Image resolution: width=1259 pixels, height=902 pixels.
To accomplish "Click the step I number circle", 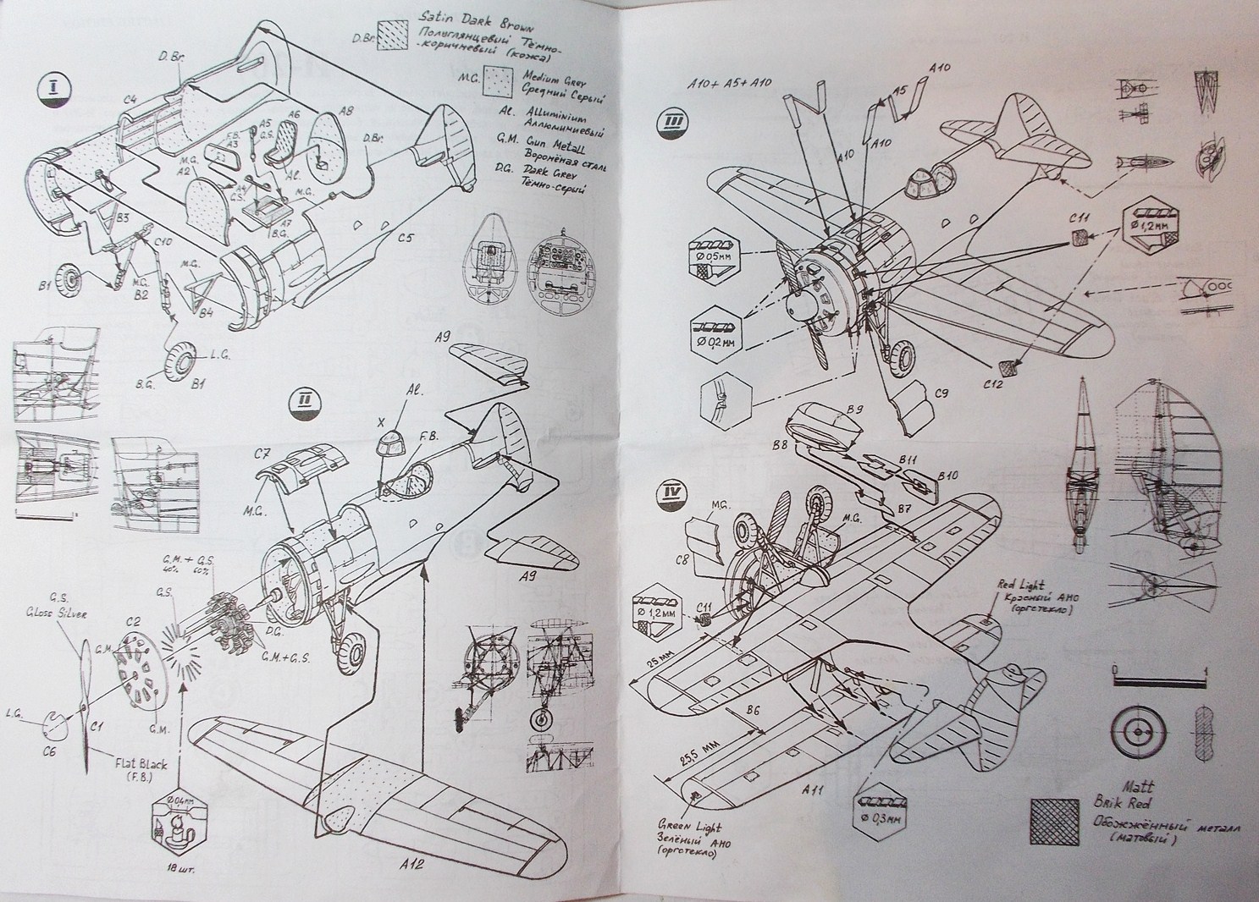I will pyautogui.click(x=53, y=89).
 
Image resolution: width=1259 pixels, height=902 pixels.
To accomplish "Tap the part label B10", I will pyautogui.click(x=947, y=476).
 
